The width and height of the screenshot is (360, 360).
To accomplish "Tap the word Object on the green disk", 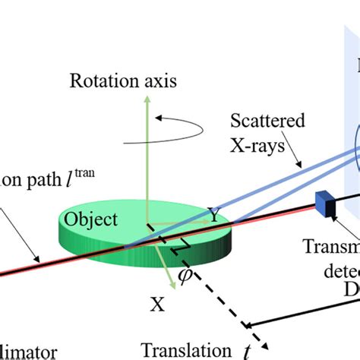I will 90,220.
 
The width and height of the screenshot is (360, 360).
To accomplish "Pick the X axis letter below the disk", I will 156,305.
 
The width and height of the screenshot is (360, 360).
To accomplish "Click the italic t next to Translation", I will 246,351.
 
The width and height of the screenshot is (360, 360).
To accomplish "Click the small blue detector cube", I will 325,204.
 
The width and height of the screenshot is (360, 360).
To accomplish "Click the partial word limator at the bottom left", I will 27,352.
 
